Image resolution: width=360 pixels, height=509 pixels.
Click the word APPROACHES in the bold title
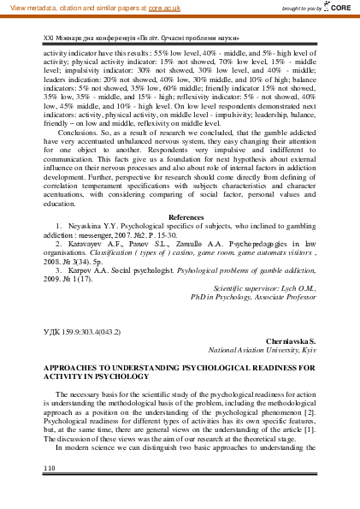72,366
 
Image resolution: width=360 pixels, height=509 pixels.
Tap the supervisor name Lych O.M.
299,289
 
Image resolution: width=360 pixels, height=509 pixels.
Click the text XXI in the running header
48,39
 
